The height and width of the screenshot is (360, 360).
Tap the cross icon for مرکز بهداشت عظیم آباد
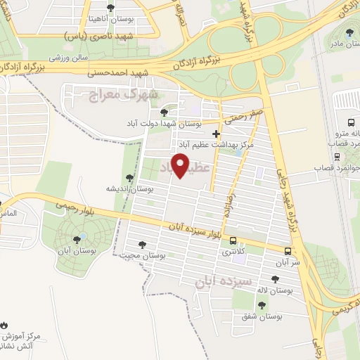click(x=216, y=133)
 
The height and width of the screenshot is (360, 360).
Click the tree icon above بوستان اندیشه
click(x=129, y=177)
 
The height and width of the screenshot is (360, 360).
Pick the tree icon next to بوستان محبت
click(x=143, y=245)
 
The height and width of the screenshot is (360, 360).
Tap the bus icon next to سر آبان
click(x=288, y=251)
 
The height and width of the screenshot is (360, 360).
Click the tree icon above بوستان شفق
click(x=262, y=305)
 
